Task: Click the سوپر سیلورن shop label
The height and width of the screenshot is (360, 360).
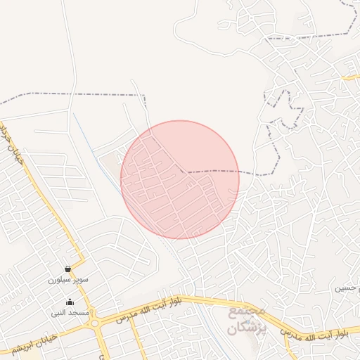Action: pyautogui.click(x=67, y=279)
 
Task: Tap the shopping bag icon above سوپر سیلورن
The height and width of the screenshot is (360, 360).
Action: pyautogui.click(x=67, y=269)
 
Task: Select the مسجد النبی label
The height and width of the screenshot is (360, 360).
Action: pyautogui.click(x=69, y=311)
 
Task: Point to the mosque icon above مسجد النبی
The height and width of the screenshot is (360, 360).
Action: pyautogui.click(x=69, y=302)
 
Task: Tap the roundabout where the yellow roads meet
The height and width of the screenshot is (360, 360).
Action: pyautogui.click(x=94, y=323)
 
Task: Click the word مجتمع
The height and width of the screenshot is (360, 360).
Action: pyautogui.click(x=246, y=309)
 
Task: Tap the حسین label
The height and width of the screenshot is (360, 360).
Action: pyautogui.click(x=347, y=288)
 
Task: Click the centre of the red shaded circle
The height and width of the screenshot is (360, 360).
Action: pyautogui.click(x=180, y=179)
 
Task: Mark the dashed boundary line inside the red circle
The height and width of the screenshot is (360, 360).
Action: pyautogui.click(x=211, y=171)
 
